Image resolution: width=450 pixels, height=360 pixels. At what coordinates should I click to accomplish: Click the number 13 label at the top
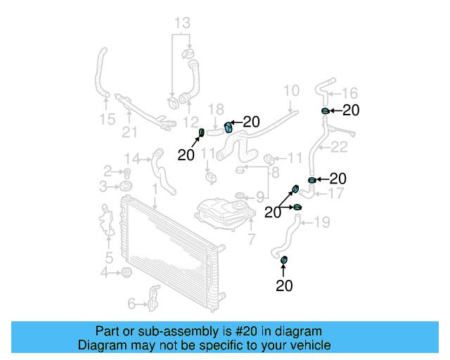pos(182,23)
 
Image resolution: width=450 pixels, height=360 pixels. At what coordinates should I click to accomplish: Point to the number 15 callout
pos(107,120)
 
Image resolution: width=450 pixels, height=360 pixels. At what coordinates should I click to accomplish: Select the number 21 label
pos(129,132)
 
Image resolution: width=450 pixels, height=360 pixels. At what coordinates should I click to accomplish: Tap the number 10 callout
pos(291,91)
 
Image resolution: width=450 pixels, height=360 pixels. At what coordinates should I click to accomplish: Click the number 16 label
pos(349,93)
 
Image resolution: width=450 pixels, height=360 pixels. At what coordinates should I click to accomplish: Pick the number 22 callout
pos(339,147)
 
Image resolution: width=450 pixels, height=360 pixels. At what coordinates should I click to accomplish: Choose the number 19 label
pos(321,223)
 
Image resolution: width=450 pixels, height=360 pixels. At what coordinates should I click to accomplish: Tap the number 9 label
pos(259,196)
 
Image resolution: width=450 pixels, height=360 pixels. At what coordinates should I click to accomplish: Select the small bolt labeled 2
pos(128,172)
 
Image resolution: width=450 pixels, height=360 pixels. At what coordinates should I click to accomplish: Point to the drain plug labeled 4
pos(127,272)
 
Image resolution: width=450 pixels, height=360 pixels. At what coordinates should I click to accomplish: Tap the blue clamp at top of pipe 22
pos(325,111)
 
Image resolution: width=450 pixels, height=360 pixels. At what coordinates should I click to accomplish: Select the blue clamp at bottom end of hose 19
pos(284,262)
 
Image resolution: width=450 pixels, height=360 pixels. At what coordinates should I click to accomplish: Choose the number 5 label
pos(109,257)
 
